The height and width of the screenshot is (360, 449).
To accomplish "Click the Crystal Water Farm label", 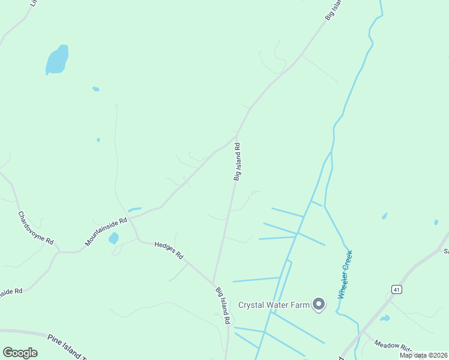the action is (274, 305).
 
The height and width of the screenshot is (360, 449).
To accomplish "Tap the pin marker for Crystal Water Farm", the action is (319, 305).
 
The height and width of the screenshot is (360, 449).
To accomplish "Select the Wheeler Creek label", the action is (345, 275).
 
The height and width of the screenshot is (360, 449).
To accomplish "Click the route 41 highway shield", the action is (396, 289).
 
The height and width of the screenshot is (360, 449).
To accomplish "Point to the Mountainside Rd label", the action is (106, 232).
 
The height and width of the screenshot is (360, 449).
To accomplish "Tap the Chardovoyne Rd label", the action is (35, 228).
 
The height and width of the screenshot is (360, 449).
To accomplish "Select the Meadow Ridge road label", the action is (393, 346).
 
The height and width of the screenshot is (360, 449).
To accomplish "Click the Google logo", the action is (20, 353).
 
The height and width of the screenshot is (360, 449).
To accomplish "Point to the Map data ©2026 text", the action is (424, 355).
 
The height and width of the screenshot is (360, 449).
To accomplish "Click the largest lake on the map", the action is (56, 60).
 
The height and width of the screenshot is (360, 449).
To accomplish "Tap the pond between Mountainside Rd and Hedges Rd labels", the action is (113, 239).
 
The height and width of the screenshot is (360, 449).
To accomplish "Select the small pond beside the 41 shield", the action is (384, 318).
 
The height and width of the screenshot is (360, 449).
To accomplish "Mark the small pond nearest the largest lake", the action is (95, 89).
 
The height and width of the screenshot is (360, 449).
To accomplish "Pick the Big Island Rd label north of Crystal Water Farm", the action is (238, 161).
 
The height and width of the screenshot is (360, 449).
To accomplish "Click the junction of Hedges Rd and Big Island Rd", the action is (213, 284).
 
